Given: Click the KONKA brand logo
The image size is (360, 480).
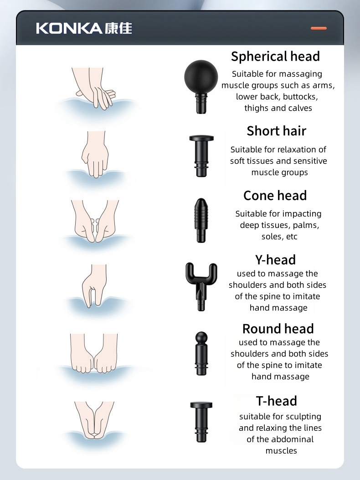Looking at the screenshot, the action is (x=84, y=28).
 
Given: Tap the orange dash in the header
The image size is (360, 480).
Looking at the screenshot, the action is (x=319, y=28).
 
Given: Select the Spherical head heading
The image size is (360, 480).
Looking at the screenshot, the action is (x=276, y=57).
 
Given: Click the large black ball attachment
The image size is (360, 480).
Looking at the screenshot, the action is (x=201, y=87).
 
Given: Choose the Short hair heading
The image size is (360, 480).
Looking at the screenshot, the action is (x=277, y=131).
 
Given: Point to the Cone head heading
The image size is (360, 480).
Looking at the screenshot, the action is (x=275, y=196).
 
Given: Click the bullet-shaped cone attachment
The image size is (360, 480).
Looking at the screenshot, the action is (x=201, y=221).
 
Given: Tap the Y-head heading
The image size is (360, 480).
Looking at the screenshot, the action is (x=276, y=260).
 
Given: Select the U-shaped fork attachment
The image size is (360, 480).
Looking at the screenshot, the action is (x=201, y=287).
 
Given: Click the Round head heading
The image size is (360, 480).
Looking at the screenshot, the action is (x=278, y=329).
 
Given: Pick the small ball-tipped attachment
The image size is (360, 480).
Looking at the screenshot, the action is (x=201, y=353).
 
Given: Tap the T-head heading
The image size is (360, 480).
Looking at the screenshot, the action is (x=277, y=401).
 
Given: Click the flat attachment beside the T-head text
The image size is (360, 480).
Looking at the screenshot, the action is (x=201, y=422).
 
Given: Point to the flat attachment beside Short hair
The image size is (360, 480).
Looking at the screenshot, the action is (x=201, y=156).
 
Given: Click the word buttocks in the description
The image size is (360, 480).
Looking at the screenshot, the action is (x=300, y=97).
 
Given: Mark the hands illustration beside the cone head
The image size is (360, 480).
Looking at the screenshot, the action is (x=95, y=221).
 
